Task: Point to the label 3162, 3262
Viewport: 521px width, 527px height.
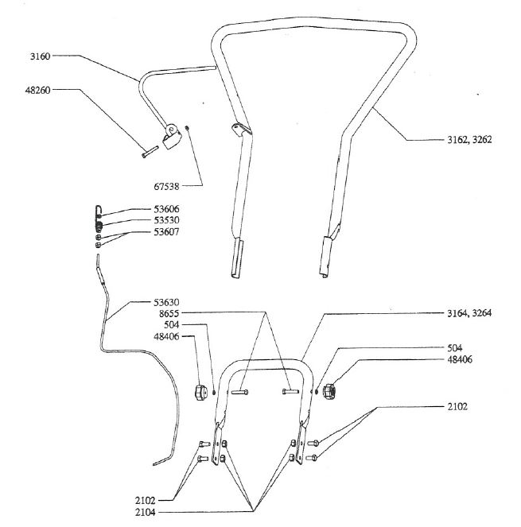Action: [x=469, y=140]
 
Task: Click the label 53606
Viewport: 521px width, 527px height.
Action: [x=167, y=209]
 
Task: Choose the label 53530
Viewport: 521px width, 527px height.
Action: [x=167, y=220]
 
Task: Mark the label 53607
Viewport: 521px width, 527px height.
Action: [x=167, y=232]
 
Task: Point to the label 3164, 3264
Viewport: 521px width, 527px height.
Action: [x=469, y=313]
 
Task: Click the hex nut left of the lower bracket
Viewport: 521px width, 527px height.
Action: [x=201, y=391]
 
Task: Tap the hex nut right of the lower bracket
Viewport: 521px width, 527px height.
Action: [x=331, y=390]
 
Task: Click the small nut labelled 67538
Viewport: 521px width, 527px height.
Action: [x=185, y=129]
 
